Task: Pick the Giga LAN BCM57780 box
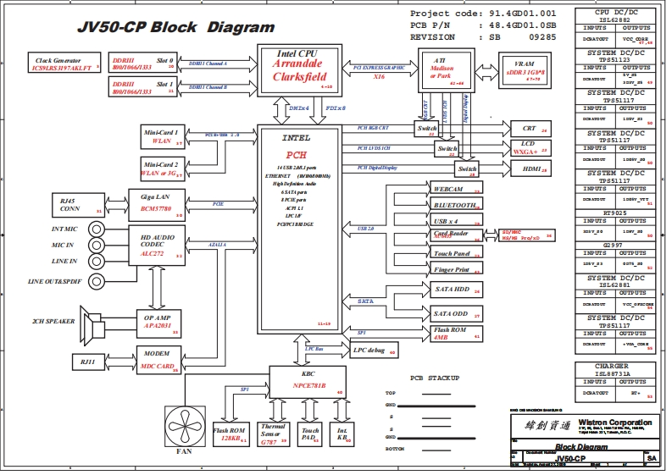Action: [156, 203]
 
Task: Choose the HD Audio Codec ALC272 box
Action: [156, 242]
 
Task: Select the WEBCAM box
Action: [457, 188]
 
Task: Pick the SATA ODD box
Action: [457, 312]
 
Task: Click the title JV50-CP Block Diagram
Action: [175, 27]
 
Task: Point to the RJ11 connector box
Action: [87, 362]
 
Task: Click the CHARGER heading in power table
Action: [617, 367]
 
